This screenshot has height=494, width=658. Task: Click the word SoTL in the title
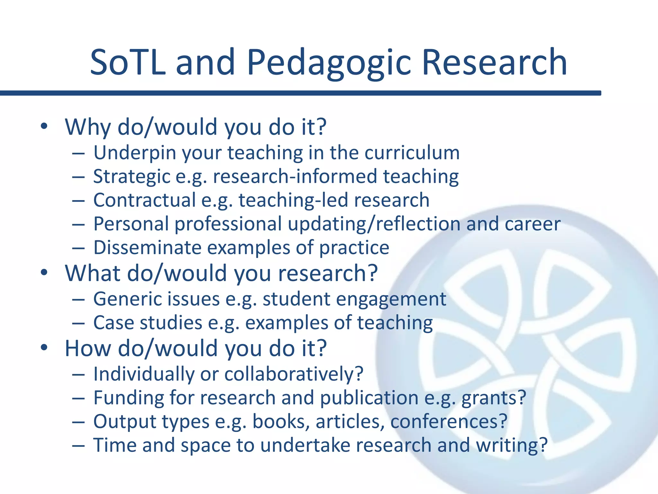coord(128,63)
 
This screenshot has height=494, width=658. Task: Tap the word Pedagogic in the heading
coord(329,63)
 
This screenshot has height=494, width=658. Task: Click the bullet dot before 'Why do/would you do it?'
coord(44,126)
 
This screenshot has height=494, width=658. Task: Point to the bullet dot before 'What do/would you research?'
coord(44,273)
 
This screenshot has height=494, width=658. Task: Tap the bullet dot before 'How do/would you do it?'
coord(44,348)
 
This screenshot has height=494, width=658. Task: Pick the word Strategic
coord(132,177)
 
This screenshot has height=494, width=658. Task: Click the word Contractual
coord(144,200)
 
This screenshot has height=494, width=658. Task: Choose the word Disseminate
coord(147,248)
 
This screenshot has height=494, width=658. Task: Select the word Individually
coord(144,374)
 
